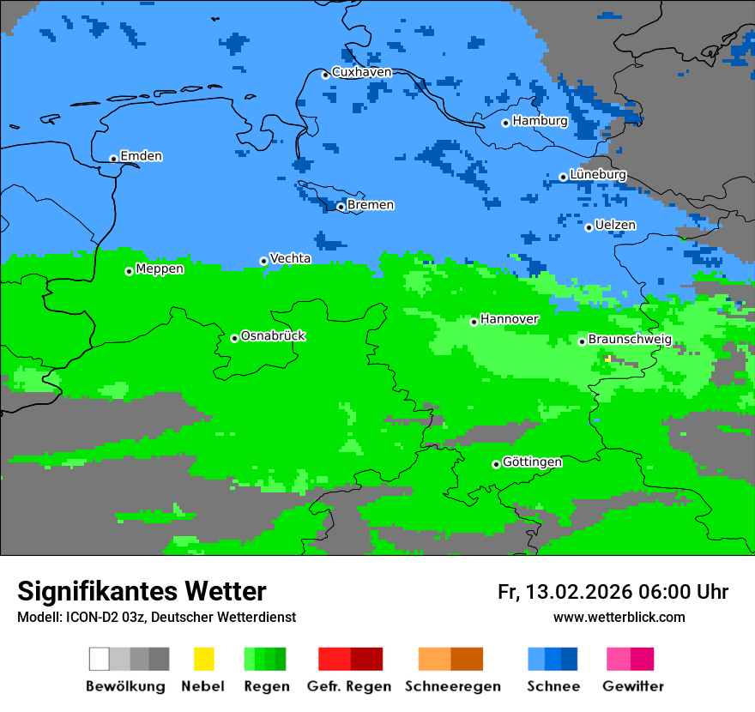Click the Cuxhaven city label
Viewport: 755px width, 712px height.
coord(361,72)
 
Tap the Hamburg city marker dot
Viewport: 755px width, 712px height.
coord(505,123)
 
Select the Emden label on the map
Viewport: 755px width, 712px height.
coord(141,156)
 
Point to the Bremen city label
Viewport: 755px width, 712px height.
coord(371,205)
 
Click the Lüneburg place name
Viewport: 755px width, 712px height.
coord(598,174)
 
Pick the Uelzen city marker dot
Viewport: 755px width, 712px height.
coord(589,227)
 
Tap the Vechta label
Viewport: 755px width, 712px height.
coord(290,258)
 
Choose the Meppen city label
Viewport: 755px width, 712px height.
coord(160,269)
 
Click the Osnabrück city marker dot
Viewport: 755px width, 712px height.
coord(234,338)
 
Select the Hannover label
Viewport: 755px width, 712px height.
coord(510,319)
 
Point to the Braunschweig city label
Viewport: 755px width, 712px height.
coord(630,340)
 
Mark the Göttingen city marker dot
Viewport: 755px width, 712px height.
coord(496,464)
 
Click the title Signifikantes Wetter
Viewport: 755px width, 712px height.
coord(142,591)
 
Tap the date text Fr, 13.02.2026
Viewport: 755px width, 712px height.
coord(563,592)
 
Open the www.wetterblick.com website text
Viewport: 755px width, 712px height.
coord(619,618)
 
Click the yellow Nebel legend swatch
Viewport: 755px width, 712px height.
coord(203,659)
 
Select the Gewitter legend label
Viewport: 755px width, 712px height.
coord(633,686)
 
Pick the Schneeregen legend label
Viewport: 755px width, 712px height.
coord(453,686)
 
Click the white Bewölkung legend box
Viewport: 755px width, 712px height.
coord(100,659)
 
